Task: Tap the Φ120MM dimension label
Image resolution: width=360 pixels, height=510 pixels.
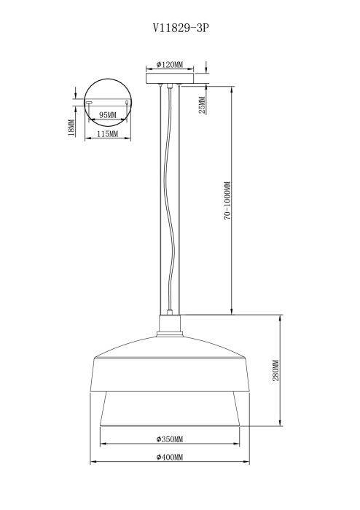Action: click(x=170, y=64)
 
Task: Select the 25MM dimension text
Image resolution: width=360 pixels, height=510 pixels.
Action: click(x=202, y=105)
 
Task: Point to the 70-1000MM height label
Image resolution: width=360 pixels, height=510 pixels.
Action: click(x=227, y=201)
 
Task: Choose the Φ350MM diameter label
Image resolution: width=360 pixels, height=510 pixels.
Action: click(x=169, y=439)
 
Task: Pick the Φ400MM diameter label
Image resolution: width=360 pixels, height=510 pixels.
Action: click(x=169, y=457)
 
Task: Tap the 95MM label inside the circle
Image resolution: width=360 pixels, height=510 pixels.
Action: click(x=107, y=115)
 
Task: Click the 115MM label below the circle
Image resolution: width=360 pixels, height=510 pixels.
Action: click(x=107, y=135)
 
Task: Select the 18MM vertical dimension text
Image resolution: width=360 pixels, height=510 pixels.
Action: click(x=71, y=127)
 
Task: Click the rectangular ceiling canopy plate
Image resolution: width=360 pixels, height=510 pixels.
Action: click(x=171, y=77)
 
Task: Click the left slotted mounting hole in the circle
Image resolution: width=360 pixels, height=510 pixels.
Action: click(x=89, y=103)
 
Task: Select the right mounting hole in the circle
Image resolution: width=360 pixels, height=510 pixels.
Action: click(x=128, y=103)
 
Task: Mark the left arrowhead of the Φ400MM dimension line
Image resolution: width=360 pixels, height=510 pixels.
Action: click(x=92, y=463)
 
